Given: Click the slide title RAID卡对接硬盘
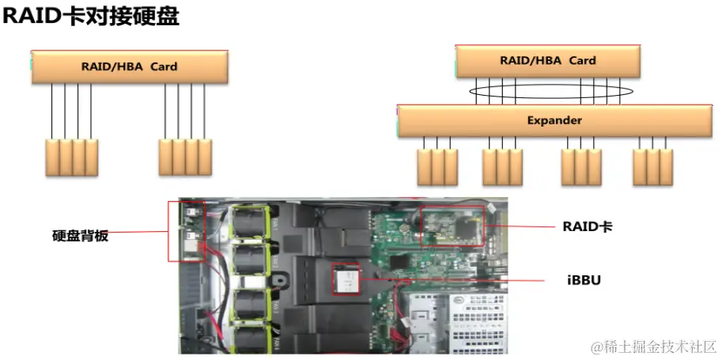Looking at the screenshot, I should pos(91,17).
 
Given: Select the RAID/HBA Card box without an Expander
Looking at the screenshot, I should pos(130,67).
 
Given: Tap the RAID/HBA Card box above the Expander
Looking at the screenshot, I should pos(548,61).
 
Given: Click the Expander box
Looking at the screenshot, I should pos(554,121).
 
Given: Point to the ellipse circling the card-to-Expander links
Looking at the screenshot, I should pos(550,93).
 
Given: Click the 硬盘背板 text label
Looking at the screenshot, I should pos(80,235).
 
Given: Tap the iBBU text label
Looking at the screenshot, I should pos(584,279).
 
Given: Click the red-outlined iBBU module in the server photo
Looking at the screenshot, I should pos(346,279).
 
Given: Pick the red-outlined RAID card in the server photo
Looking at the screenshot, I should pos(452,227).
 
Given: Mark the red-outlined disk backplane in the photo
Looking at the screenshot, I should pos(186,231).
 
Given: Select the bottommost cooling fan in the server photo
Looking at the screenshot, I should pos(251,337).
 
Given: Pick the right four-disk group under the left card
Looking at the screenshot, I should pos(185,158).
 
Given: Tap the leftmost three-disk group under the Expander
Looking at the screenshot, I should pos(437,166).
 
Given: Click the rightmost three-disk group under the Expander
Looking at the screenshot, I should pos(653,166).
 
